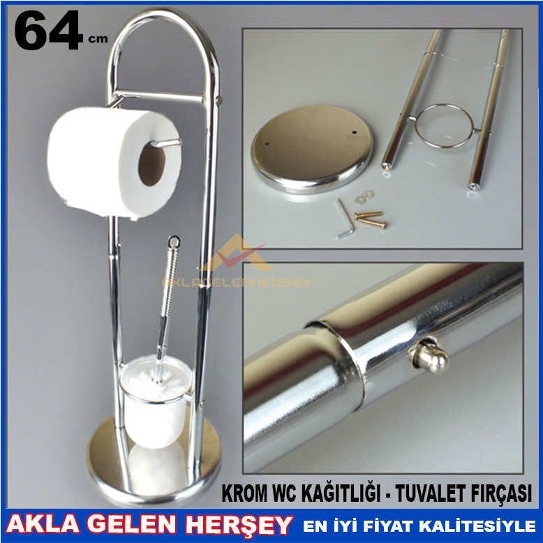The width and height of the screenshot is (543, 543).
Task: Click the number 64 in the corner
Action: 47,31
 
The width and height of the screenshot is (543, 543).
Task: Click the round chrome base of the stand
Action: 154,464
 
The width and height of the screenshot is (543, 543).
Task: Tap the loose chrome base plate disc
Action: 311,146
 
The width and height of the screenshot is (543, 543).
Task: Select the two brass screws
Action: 370,219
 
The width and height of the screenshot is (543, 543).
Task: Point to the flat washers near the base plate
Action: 364,197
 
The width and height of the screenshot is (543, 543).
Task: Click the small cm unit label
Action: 98,40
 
